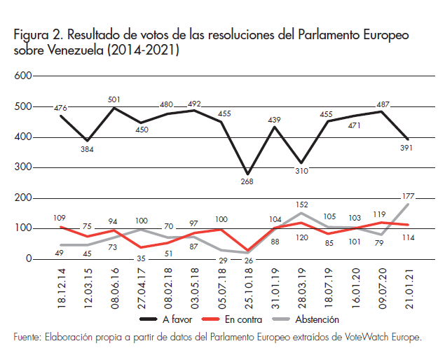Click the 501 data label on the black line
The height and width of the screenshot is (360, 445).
coord(114,99)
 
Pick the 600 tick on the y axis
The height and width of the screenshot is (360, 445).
coord(24,76)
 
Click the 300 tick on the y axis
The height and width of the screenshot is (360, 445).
coord(24,167)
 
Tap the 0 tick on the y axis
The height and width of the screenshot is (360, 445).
coord(29,259)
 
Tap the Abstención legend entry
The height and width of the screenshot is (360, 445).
coord(313,319)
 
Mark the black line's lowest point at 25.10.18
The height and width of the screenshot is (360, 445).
coord(247,174)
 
